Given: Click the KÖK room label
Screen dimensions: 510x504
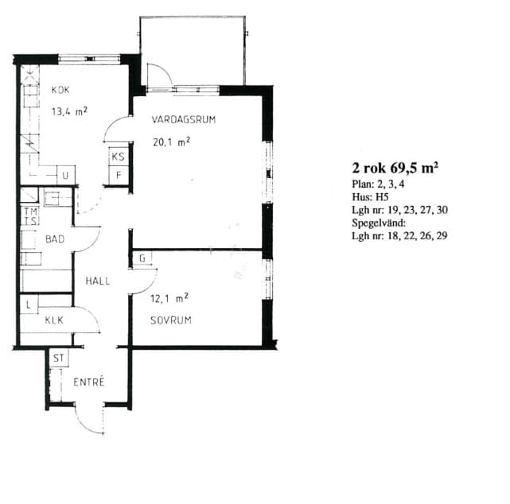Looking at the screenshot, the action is click(60, 90).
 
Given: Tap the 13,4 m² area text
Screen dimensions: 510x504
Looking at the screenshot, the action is click(69, 111).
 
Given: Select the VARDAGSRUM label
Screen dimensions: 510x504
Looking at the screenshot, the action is click(184, 119).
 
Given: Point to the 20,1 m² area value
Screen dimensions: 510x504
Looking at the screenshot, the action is click(171, 142).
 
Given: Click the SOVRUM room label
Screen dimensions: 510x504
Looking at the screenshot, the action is click(171, 320).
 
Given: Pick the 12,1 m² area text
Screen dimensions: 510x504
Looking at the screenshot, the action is click(169, 298).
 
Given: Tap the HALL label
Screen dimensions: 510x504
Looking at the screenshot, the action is click(98, 281).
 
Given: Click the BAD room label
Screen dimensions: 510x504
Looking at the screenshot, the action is click(55, 239).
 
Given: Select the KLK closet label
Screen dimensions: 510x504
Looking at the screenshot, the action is click(54, 320).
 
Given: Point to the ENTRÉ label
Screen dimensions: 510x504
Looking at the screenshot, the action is click(89, 382).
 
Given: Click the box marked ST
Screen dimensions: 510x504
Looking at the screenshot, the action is click(59, 358).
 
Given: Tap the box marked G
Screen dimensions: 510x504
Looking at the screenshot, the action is click(142, 258).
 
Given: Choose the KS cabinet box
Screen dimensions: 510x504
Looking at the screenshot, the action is click(118, 157).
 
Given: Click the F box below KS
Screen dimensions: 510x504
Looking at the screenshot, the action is click(119, 176).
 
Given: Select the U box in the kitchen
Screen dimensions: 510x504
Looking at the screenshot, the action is click(66, 176).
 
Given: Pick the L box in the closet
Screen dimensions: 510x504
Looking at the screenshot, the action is click(29, 304).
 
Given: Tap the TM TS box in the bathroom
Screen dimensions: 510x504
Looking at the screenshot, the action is click(30, 216).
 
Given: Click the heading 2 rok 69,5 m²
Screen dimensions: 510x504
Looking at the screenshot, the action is click(395, 168).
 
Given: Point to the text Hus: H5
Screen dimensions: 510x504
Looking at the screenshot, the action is click(370, 197).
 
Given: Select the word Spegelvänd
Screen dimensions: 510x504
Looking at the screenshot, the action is click(379, 223).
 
